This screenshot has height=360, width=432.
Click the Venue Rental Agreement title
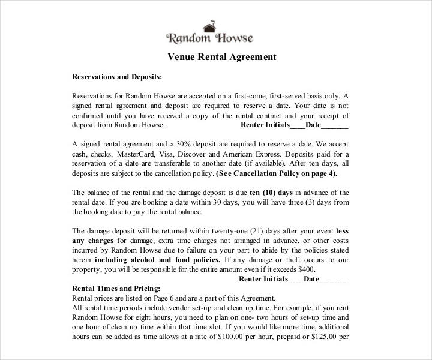(x=221, y=57)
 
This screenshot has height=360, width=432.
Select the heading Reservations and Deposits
(x=117, y=77)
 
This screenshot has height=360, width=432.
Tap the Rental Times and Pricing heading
(x=116, y=288)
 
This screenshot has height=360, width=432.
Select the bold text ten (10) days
(x=271, y=193)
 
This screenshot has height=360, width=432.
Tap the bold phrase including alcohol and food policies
(x=157, y=260)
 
